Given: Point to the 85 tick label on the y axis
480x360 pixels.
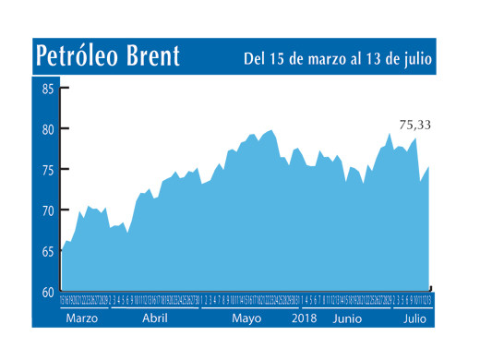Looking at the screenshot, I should coord(48,90).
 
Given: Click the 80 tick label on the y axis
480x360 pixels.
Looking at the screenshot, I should coord(48,130).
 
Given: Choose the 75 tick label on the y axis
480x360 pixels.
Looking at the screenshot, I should coord(48,171).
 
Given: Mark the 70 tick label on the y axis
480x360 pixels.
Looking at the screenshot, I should coord(48,210).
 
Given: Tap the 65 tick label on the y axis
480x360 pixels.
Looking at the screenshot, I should coord(48,251).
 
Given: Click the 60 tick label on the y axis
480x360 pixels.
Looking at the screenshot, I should coord(48,292).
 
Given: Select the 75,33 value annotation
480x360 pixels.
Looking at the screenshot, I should coord(416,125).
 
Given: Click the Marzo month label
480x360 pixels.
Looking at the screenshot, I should coord(82,317).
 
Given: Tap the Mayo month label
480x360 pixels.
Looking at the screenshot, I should coord(246,317).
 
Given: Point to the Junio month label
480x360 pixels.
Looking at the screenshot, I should coord(346,317).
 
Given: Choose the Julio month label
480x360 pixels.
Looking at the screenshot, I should coord(414,317).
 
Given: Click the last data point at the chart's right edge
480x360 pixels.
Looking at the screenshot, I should coord(429,166).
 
